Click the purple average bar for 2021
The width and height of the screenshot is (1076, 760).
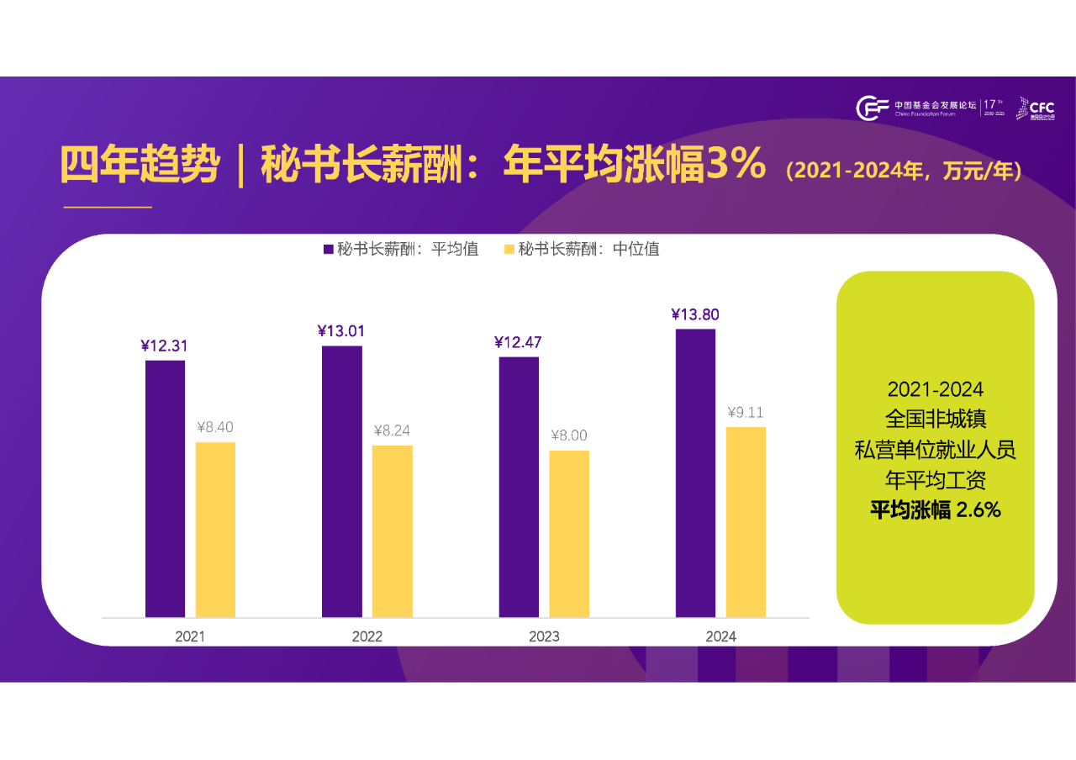click(165, 488)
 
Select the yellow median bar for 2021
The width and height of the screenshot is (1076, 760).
click(215, 530)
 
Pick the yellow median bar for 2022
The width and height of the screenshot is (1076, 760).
click(393, 531)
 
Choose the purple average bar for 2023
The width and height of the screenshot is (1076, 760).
click(519, 487)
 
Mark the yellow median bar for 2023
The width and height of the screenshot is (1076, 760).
click(569, 534)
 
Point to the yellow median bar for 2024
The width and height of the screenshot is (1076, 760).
click(746, 522)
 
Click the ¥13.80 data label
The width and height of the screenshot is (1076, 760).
click(695, 314)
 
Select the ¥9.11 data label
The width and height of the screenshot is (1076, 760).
click(746, 413)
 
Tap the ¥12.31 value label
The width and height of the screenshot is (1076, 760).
click(165, 346)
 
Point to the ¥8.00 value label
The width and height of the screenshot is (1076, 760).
click(569, 435)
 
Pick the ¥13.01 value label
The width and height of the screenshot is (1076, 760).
click(341, 331)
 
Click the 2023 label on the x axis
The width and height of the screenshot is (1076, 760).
click(544, 636)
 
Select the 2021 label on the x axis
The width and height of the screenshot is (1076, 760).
click(190, 636)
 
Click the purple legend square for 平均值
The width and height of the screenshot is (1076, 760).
click(328, 250)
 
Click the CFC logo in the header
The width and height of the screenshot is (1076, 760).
click(1035, 108)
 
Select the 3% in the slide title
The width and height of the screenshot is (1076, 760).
click(736, 165)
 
